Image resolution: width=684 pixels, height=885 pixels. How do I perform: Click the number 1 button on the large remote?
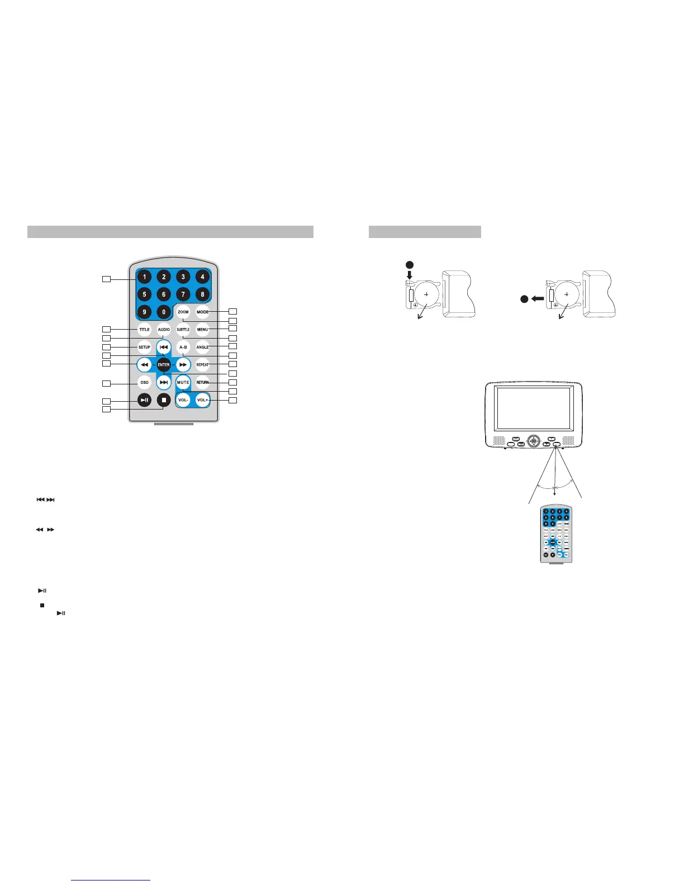(144, 277)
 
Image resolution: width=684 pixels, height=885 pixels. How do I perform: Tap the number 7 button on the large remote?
(183, 294)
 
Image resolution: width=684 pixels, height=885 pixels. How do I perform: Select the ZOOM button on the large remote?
(183, 312)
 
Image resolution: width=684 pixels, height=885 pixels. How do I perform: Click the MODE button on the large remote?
(202, 312)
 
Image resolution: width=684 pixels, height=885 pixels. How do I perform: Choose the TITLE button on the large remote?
(144, 330)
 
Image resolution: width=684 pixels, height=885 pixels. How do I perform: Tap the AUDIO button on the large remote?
(164, 330)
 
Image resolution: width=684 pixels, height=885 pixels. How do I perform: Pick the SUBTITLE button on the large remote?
(183, 330)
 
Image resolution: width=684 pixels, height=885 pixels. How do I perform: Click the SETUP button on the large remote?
(144, 347)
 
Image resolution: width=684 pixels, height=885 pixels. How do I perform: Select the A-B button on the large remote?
(183, 347)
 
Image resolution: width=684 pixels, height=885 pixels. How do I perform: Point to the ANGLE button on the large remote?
(202, 347)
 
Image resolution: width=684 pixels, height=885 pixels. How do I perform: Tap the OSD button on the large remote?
(144, 383)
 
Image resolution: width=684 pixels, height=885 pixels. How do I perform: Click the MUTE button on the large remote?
(183, 383)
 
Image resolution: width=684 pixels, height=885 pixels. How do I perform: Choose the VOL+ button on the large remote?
(202, 400)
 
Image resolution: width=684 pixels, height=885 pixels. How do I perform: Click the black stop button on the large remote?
(164, 400)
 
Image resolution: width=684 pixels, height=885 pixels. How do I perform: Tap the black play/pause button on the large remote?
(144, 400)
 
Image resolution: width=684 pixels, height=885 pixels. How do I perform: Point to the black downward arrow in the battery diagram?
(410, 275)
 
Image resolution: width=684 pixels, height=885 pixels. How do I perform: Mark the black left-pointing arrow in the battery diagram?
(538, 299)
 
